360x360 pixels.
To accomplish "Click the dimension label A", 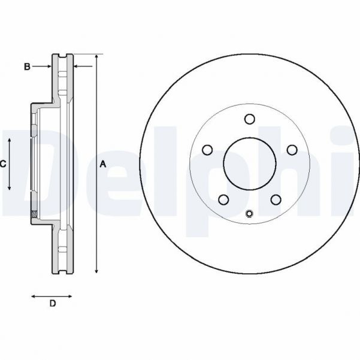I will (103, 164).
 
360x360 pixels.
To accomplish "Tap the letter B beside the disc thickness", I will (27, 66).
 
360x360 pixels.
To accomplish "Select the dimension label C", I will (3, 164).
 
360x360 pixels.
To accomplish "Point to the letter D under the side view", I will (52, 304).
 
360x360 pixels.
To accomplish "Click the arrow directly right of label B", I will (48, 66).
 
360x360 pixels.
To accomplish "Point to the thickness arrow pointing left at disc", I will (78, 66).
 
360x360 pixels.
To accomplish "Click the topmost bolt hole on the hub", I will (250, 119).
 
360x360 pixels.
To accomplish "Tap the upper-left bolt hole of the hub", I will (208, 149).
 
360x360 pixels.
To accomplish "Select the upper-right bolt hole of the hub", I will (292, 149).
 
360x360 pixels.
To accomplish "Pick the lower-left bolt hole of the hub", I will (224, 199).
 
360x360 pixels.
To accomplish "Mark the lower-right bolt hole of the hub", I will (276, 199).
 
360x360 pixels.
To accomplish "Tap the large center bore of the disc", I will (250, 164).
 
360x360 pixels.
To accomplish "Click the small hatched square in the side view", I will (34, 214).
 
